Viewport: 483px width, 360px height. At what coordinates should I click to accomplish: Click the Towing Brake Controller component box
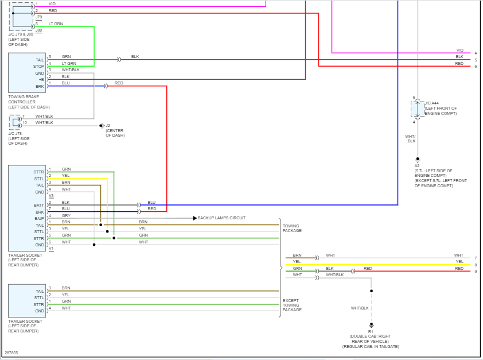26,73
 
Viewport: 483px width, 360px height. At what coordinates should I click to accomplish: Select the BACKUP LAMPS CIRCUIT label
221,218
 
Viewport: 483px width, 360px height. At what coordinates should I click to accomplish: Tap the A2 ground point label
417,165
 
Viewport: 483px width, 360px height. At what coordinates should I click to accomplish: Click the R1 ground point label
371,331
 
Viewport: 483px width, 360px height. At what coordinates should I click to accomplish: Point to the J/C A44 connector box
417,109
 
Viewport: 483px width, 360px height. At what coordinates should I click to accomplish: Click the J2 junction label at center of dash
107,125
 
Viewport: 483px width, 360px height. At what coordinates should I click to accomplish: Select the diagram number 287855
11,353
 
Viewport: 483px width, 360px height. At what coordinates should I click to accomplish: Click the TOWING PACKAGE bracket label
292,228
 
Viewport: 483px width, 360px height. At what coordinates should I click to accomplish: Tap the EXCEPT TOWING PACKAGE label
292,305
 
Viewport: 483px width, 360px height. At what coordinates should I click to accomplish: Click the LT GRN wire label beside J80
56,24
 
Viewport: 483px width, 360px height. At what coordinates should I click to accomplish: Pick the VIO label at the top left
52,4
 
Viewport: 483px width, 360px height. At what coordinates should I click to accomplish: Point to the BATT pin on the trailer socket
39,205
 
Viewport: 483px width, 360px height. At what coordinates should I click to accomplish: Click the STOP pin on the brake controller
38,66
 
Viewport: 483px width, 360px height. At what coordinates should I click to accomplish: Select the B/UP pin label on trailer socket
39,218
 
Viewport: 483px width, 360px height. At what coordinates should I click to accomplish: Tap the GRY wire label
66,215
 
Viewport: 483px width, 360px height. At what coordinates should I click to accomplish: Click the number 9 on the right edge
476,271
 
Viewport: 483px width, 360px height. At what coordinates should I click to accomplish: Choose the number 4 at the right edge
476,53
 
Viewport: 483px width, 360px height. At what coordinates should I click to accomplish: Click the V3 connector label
51,196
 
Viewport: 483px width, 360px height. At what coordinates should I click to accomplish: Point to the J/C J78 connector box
14,122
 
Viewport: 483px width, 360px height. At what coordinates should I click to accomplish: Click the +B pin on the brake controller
41,79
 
